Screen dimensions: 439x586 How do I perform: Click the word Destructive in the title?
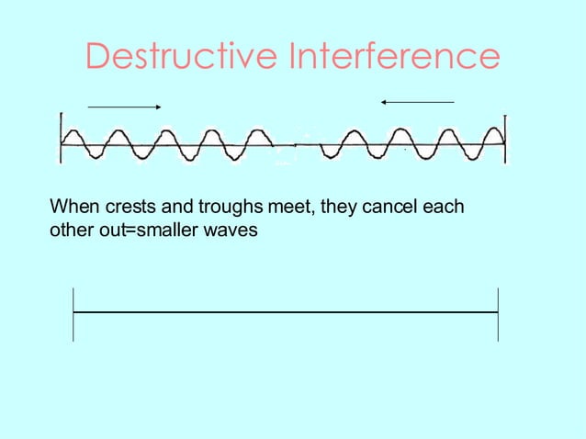[181, 56]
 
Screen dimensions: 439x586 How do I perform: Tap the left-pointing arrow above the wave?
[417, 101]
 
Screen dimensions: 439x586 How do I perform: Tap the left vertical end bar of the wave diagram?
[61, 138]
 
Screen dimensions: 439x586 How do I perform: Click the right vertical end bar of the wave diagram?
[504, 138]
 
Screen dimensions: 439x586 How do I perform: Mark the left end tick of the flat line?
[73, 313]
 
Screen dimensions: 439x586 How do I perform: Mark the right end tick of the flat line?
[498, 313]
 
